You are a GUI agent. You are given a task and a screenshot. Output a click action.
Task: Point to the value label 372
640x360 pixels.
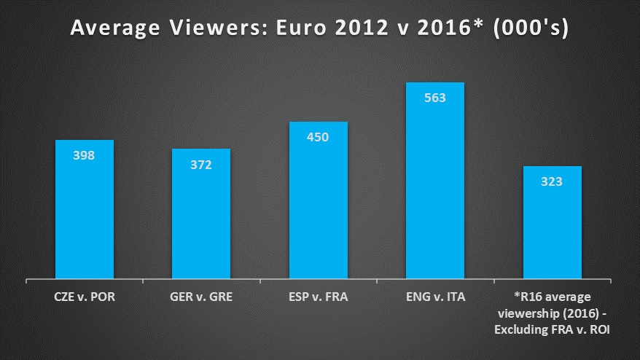click(201, 165)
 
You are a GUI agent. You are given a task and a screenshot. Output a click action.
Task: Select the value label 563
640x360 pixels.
click(435, 98)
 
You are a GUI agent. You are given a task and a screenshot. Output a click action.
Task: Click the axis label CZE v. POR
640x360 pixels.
click(85, 298)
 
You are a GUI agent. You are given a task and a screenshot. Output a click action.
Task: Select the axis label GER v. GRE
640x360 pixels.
click(201, 298)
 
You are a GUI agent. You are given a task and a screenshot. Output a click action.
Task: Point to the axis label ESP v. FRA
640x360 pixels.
click(319, 298)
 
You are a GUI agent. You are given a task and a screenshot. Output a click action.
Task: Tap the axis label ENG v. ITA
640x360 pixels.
click(435, 298)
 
